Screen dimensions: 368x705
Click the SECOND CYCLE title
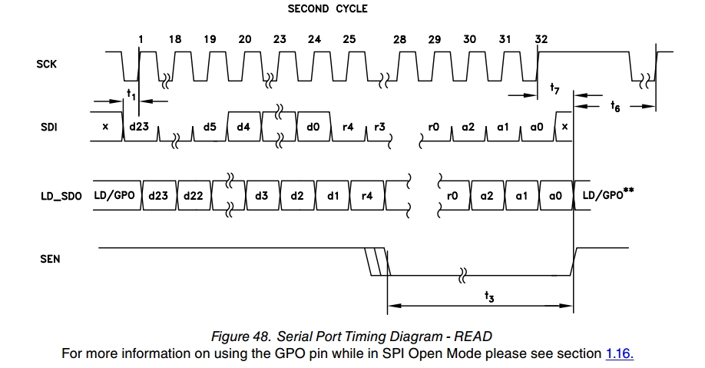(x=327, y=9)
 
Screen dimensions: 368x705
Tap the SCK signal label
(x=47, y=64)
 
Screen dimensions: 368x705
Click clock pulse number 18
(x=176, y=39)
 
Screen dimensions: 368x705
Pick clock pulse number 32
(x=541, y=39)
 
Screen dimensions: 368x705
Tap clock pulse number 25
(x=349, y=39)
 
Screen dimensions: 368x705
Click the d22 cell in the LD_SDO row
(x=193, y=197)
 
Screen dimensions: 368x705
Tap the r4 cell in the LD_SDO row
(x=366, y=197)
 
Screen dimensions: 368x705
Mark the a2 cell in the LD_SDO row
(x=487, y=197)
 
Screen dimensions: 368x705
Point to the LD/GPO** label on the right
(x=607, y=196)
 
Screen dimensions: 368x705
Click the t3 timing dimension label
(x=489, y=296)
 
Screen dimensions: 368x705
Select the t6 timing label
(x=615, y=107)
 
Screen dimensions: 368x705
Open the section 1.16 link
(x=620, y=353)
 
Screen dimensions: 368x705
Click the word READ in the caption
(x=474, y=336)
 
